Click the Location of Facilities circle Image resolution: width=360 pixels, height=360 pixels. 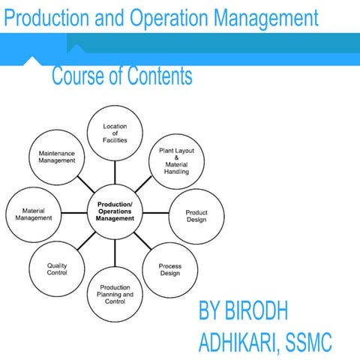click(115, 133)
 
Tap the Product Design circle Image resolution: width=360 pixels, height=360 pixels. click(196, 216)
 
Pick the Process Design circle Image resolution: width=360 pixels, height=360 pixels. click(169, 268)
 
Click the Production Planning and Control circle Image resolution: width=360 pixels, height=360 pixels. click(115, 294)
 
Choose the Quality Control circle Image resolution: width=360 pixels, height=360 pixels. click(57, 268)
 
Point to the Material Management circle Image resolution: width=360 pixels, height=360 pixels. click(33, 215)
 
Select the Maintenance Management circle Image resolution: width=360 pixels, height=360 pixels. click(57, 156)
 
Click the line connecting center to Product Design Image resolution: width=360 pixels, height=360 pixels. click(156, 213)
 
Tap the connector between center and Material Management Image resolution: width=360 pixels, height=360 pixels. click(73, 213)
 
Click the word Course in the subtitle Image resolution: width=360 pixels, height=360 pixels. click(81, 76)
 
